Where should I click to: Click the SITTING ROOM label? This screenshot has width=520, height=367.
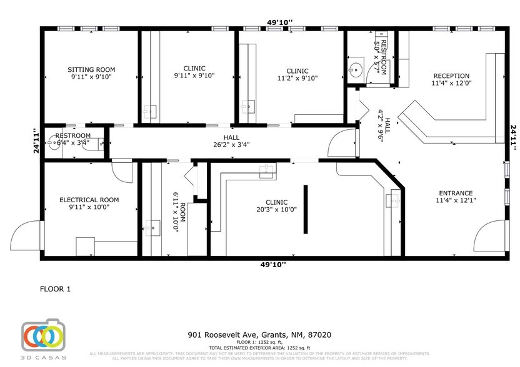pyautogui.click(x=91, y=69)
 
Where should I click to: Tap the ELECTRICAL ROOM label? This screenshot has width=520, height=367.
pyautogui.click(x=89, y=200)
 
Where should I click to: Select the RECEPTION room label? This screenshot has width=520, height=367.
pyautogui.click(x=451, y=76)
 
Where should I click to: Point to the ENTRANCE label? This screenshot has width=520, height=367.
pyautogui.click(x=454, y=193)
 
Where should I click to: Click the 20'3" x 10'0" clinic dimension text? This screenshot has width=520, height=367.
pyautogui.click(x=276, y=210)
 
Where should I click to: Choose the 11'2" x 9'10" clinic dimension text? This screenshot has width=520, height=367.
pyautogui.click(x=297, y=78)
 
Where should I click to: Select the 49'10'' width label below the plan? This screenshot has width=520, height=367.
pyautogui.click(x=273, y=264)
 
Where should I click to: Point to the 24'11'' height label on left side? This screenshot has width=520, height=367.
pyautogui.click(x=36, y=141)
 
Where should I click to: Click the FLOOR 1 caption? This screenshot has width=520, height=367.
pyautogui.click(x=56, y=289)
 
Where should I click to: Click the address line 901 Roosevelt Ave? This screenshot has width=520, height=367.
pyautogui.click(x=260, y=335)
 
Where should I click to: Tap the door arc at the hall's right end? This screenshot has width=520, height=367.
pyautogui.click(x=342, y=145)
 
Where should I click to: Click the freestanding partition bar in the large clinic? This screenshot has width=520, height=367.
pyautogui.click(x=306, y=208)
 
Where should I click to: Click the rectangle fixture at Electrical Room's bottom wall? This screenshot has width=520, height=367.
pyautogui.click(x=86, y=247)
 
